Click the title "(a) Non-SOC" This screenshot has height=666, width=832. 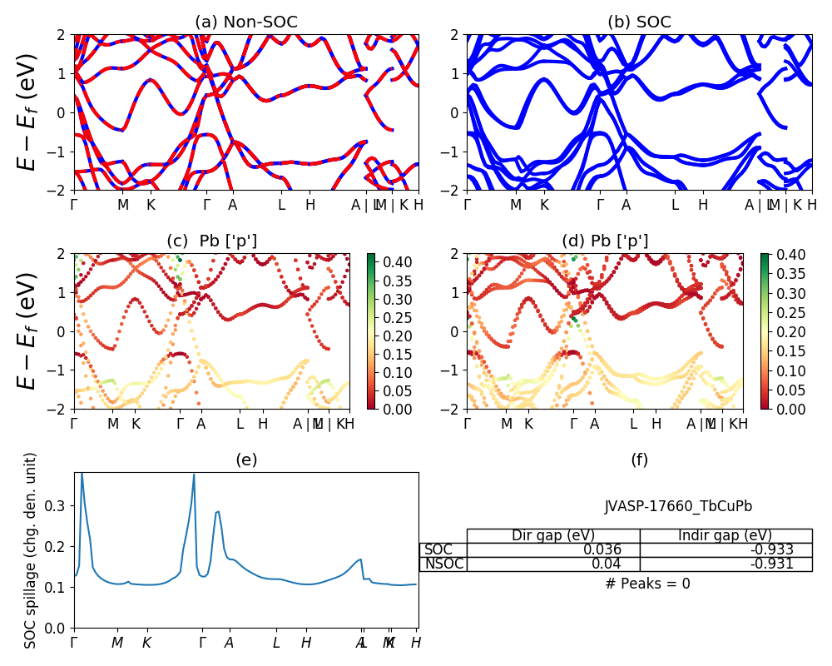pyautogui.click(x=246, y=22)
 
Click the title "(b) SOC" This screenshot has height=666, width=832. pyautogui.click(x=639, y=22)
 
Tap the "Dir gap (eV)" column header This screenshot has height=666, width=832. pyautogui.click(x=553, y=535)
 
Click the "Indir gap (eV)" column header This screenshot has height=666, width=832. pyautogui.click(x=726, y=535)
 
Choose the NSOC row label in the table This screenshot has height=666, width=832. pyautogui.click(x=443, y=564)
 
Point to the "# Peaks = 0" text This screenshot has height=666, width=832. pyautogui.click(x=648, y=584)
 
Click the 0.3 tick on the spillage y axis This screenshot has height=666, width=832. pyautogui.click(x=58, y=505)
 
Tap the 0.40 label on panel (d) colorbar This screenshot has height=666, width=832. pyautogui.click(x=787, y=255)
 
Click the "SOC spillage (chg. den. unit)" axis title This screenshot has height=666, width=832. pyautogui.click(x=32, y=550)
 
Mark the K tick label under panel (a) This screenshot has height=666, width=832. pyautogui.click(x=151, y=205)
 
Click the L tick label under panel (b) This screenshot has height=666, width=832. pyautogui.click(x=675, y=205)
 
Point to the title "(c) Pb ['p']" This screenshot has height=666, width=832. pyautogui.click(x=212, y=241)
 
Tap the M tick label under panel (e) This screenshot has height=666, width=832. pyautogui.click(x=117, y=643)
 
